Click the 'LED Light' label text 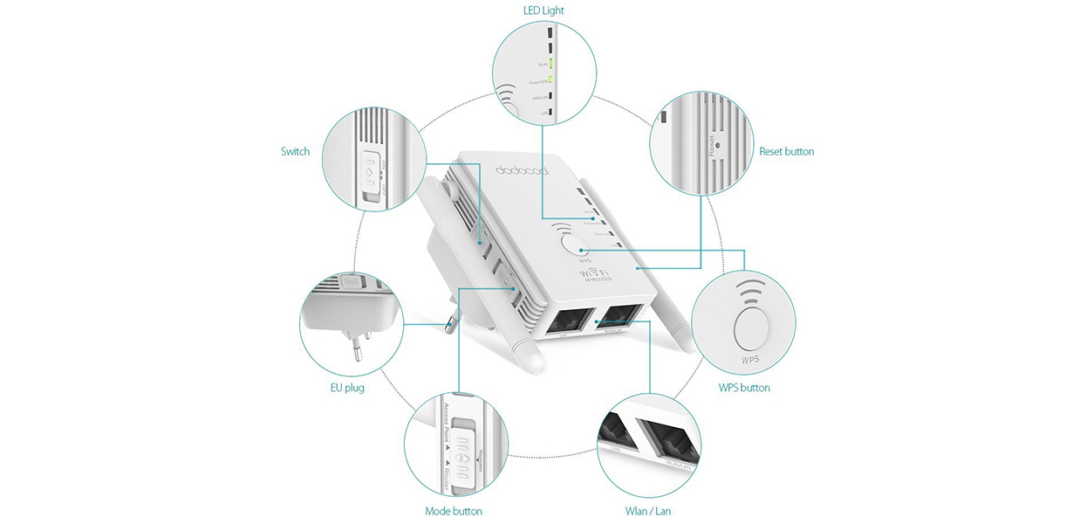click(x=543, y=10)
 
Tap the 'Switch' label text click(x=295, y=151)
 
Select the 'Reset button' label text click(x=786, y=151)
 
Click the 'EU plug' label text click(x=347, y=388)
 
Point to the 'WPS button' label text click(x=744, y=388)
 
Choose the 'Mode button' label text click(x=454, y=511)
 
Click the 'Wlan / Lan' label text click(x=649, y=511)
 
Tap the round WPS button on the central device click(x=568, y=242)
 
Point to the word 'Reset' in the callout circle click(x=712, y=145)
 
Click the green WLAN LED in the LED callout click(x=550, y=63)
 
